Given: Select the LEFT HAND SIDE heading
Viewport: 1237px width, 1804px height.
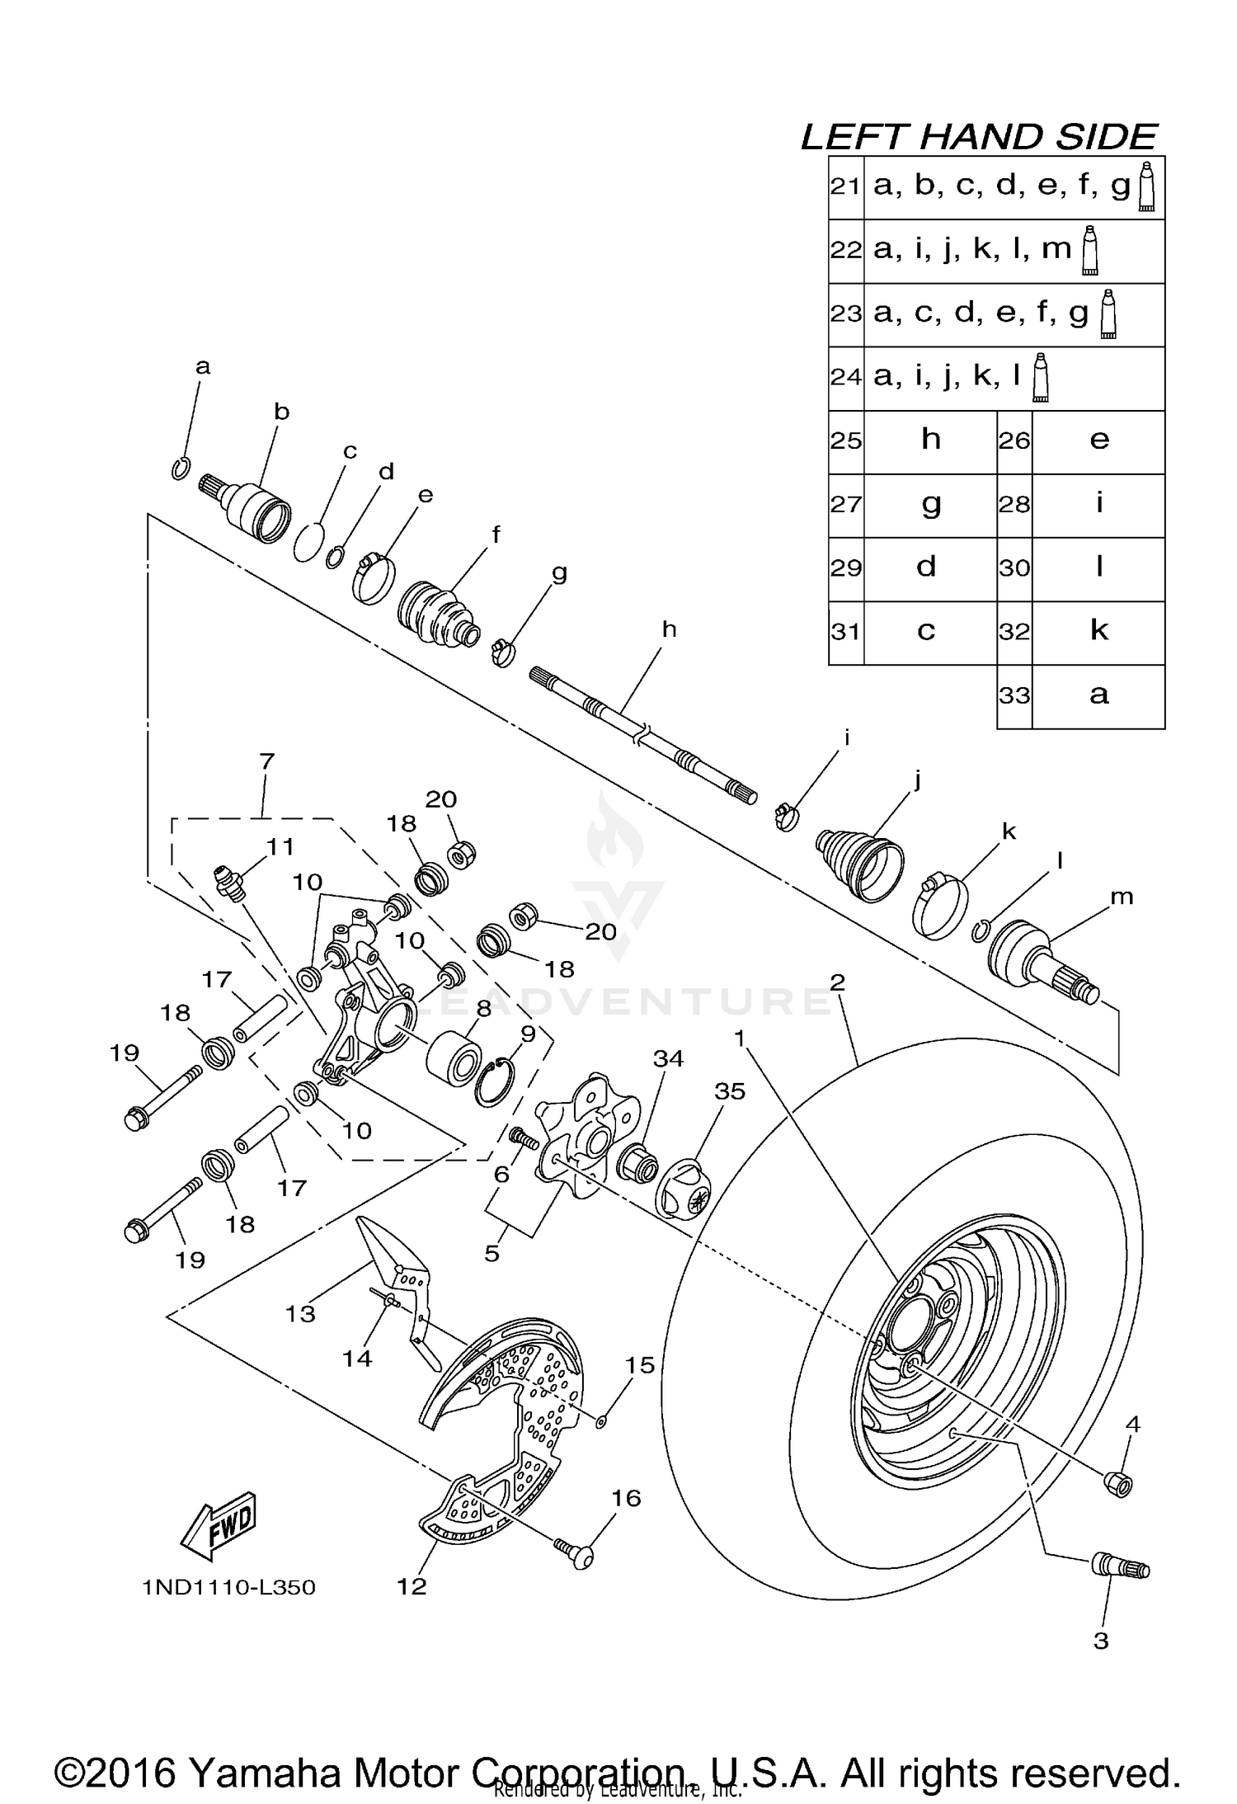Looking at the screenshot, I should (x=979, y=137).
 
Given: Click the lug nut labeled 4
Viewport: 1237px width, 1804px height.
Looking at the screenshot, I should (x=1118, y=1483).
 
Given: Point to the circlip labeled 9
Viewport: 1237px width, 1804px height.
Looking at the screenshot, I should (x=495, y=1081).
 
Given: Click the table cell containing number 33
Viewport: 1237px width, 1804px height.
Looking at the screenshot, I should (x=1014, y=695).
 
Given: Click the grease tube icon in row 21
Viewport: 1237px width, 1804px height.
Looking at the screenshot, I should (x=1146, y=186).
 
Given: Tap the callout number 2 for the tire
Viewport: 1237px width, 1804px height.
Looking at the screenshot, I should (x=838, y=982).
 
